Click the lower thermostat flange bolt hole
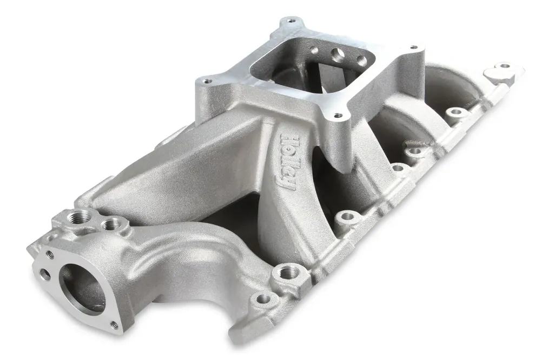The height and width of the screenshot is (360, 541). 114,325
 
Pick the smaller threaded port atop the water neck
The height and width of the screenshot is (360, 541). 114,222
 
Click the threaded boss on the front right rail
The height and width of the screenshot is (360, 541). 283,272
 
